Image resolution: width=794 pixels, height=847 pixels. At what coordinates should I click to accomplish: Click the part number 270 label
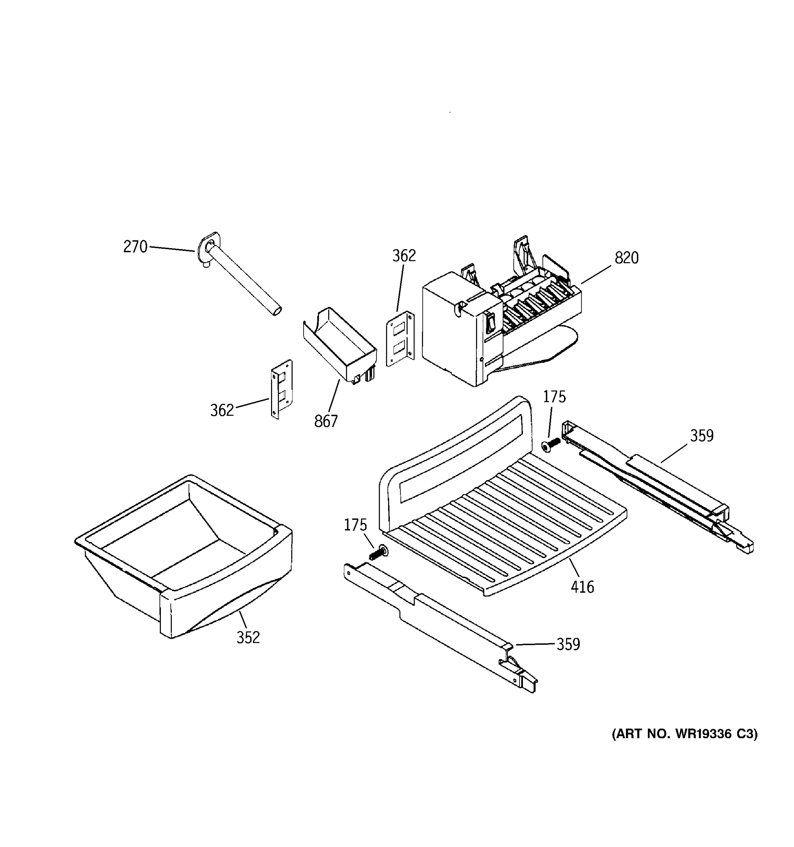tap(135, 247)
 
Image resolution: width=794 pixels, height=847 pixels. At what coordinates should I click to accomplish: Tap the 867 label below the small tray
tap(326, 421)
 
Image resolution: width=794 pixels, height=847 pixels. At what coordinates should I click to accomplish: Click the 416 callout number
tap(582, 587)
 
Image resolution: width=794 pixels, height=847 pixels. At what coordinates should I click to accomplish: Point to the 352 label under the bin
tap(248, 637)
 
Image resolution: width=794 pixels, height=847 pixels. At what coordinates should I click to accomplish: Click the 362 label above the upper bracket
tap(404, 256)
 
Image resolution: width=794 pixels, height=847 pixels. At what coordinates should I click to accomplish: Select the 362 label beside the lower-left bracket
tap(222, 410)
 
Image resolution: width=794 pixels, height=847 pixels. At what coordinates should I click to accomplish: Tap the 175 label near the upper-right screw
tap(554, 397)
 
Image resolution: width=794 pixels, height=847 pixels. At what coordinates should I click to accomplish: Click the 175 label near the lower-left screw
tap(355, 525)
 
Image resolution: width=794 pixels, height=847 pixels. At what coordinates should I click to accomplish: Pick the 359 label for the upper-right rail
tap(702, 436)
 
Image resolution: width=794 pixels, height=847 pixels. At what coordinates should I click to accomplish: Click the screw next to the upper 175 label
tap(549, 446)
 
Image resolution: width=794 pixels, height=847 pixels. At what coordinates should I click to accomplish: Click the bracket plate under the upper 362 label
tap(401, 339)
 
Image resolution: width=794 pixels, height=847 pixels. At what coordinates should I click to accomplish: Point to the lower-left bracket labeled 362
tap(282, 389)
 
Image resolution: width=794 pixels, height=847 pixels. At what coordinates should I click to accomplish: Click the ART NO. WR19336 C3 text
tap(685, 734)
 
